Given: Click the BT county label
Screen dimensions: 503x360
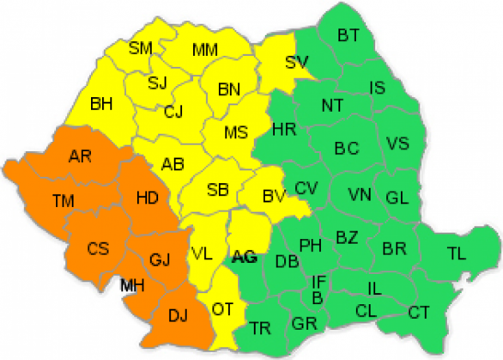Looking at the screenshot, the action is [x=348, y=36].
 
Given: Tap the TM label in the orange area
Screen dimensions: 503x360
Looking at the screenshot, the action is [x=63, y=201].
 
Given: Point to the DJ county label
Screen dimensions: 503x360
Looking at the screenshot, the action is [x=178, y=317].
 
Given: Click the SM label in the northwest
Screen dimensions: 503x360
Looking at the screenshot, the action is [x=141, y=48].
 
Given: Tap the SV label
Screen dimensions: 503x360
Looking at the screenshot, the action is [x=297, y=61].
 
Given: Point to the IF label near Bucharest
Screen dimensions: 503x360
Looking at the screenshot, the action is [x=319, y=281].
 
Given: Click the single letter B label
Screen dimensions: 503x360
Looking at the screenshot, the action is [x=318, y=297].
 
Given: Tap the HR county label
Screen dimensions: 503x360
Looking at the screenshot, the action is [x=283, y=131].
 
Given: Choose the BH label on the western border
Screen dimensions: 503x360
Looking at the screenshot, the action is [x=102, y=105].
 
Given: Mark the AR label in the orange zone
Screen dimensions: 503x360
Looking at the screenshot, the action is [x=80, y=156].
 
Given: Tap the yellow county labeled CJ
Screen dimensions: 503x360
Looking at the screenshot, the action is [x=174, y=111].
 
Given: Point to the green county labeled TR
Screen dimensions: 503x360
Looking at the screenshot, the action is [x=261, y=327].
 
